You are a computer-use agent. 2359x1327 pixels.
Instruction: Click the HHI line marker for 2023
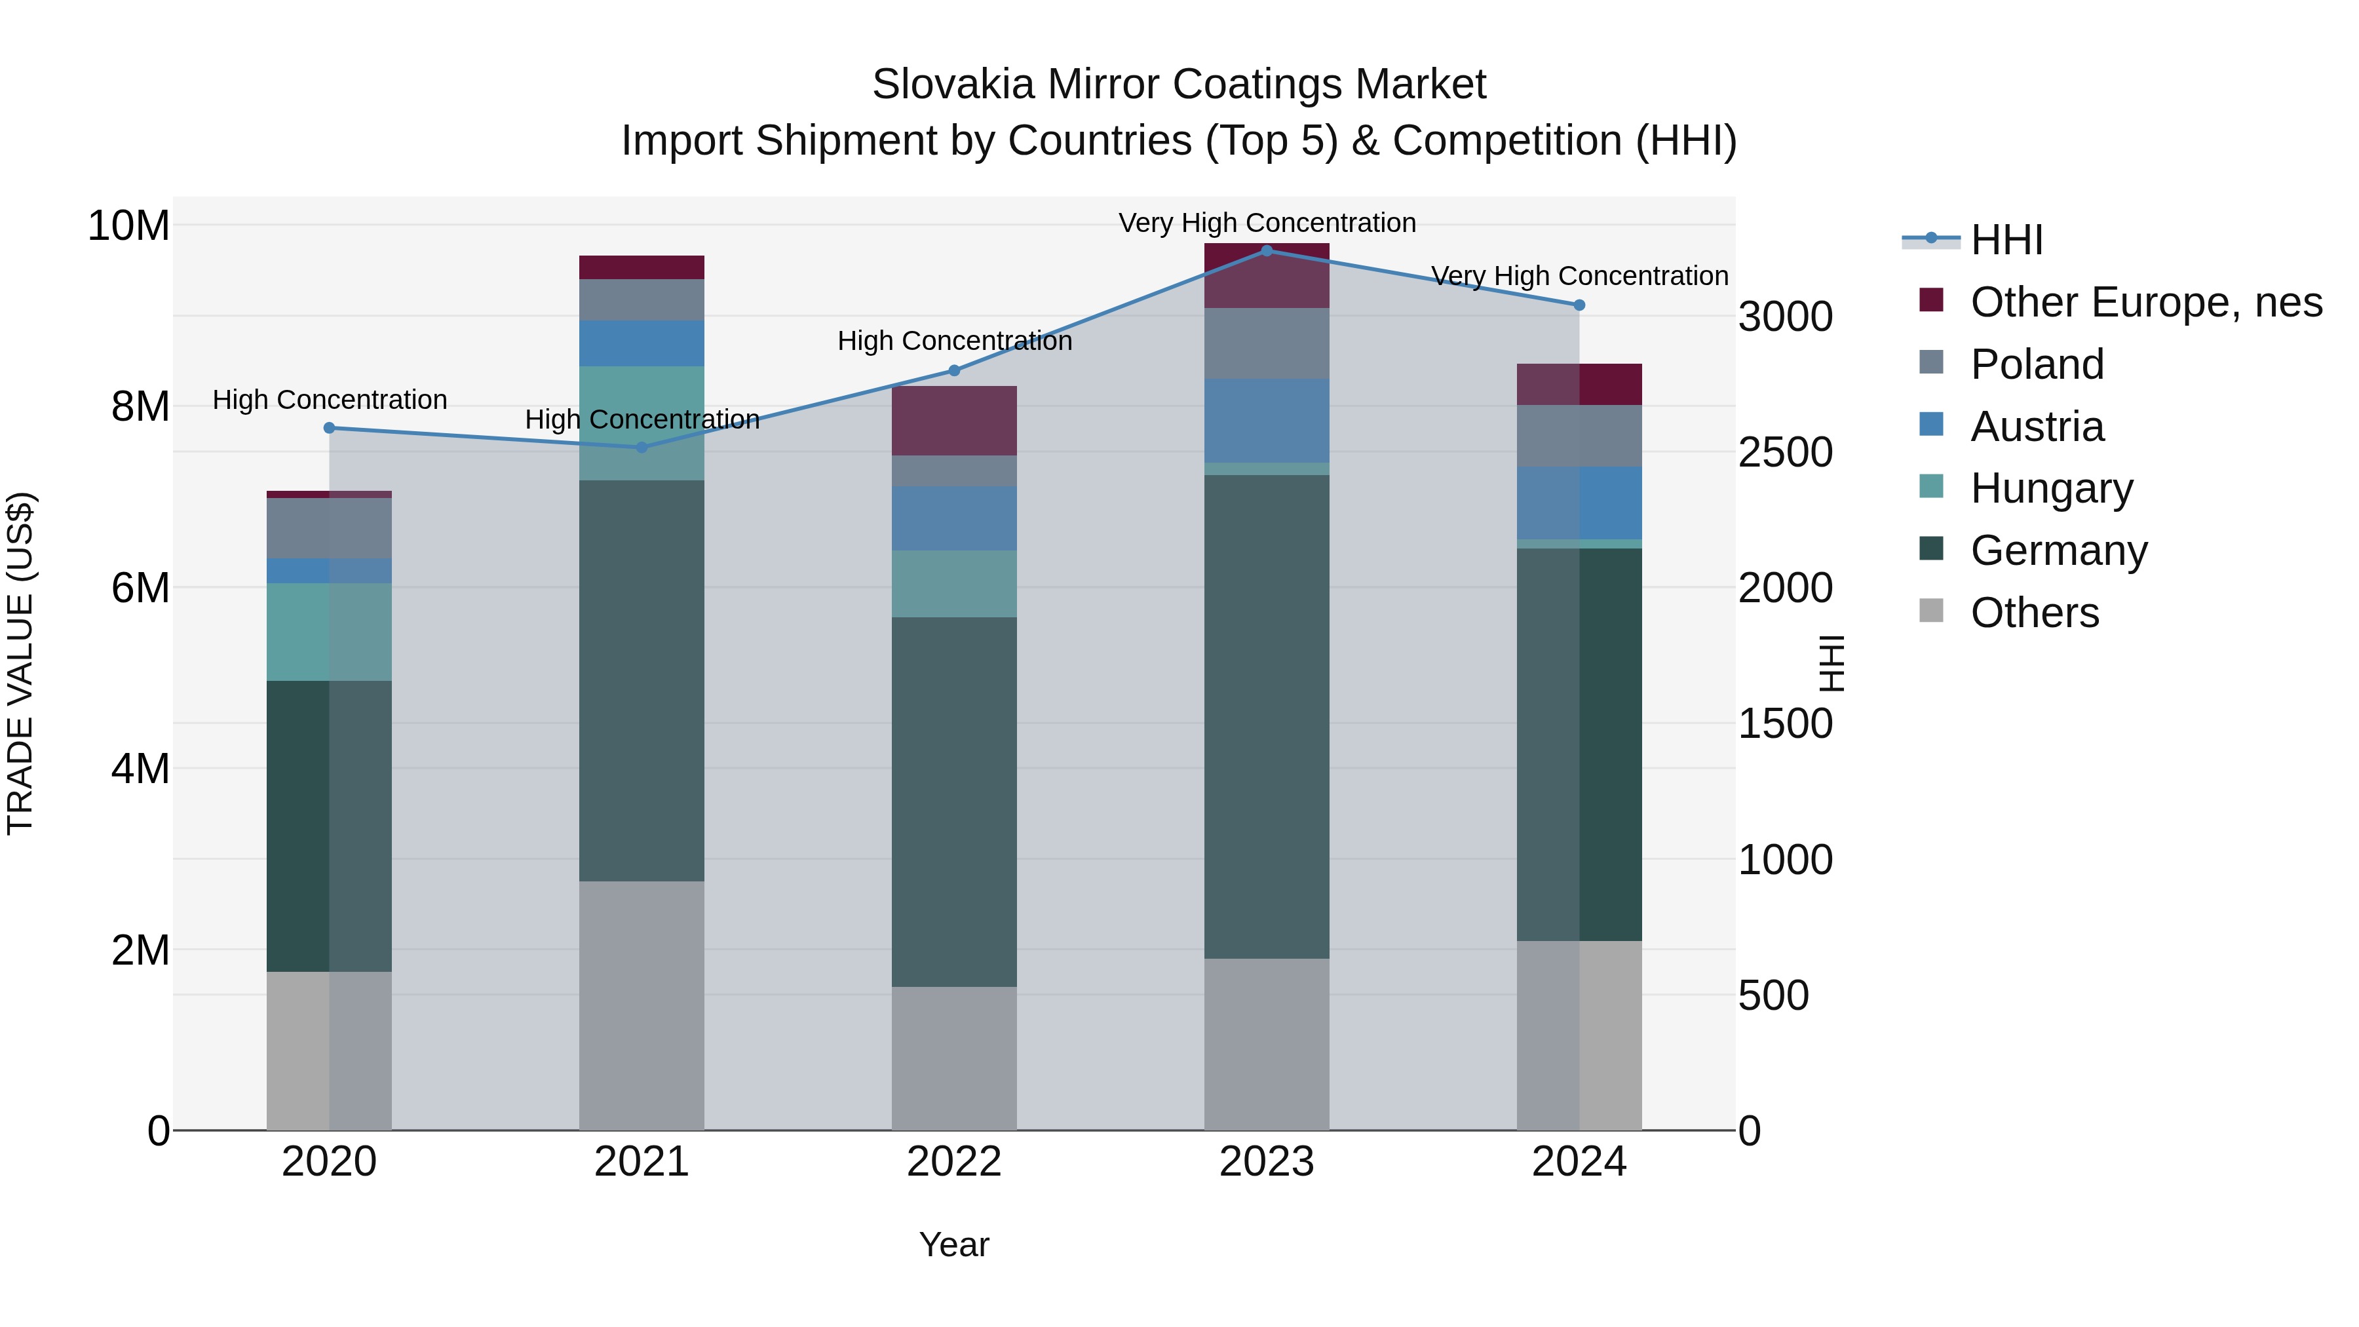[1267, 250]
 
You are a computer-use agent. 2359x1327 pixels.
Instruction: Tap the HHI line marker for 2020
[330, 428]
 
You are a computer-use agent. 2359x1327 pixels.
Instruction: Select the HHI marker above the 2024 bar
[1579, 305]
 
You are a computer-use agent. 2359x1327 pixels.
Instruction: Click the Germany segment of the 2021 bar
[641, 680]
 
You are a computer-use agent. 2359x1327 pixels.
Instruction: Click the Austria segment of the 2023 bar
[1267, 420]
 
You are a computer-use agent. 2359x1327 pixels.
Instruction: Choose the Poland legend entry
[2037, 364]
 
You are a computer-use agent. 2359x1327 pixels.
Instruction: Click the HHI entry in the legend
[2006, 240]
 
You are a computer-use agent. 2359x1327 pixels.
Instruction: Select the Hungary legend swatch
[1930, 486]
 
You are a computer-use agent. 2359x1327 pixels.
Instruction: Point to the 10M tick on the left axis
[128, 225]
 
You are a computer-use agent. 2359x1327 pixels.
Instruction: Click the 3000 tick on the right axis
[1785, 317]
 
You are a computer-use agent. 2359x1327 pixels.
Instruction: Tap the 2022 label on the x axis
[954, 1162]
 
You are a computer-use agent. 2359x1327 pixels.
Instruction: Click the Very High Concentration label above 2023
[1267, 223]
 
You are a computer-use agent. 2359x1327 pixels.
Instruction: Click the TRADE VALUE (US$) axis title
[20, 663]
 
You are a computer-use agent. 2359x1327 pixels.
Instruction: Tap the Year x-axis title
[954, 1244]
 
